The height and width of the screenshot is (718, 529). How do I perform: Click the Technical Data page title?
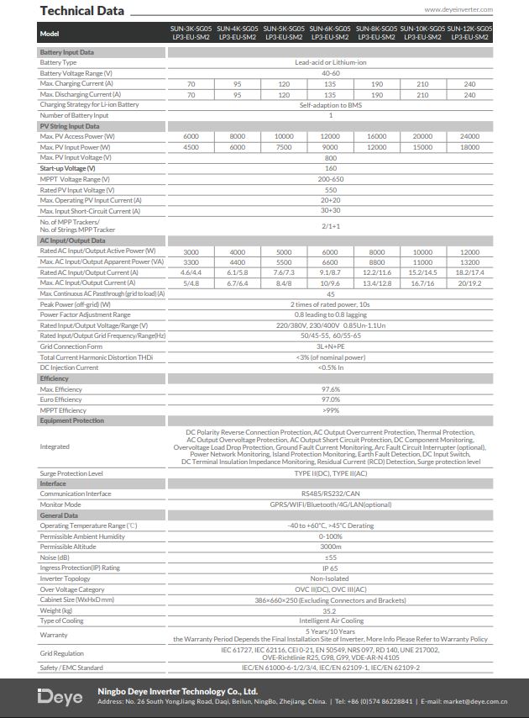point(81,11)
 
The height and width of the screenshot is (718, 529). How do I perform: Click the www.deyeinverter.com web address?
point(458,9)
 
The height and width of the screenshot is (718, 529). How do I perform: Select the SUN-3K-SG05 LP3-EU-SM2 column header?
point(191,33)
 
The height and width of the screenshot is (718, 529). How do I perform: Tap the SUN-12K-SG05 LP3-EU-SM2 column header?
point(470,33)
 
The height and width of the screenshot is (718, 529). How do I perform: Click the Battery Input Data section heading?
point(67,52)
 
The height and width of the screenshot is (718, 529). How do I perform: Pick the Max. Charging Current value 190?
point(377,84)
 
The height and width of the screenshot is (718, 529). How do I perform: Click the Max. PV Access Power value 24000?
point(470,136)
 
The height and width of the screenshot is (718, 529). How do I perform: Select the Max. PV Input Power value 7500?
point(284,147)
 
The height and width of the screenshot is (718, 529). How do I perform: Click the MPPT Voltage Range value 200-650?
point(330,179)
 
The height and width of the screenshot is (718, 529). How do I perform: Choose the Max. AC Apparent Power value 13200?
point(470,261)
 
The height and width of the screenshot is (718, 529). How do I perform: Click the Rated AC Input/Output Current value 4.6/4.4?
point(191,272)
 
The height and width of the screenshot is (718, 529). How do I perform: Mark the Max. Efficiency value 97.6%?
point(330,389)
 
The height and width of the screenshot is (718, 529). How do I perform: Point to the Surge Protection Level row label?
point(72,473)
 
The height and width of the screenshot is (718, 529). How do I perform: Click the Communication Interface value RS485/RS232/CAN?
point(330,494)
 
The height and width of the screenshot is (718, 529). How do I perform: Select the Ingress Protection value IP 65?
point(330,568)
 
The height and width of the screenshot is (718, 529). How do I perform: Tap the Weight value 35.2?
point(330,610)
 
